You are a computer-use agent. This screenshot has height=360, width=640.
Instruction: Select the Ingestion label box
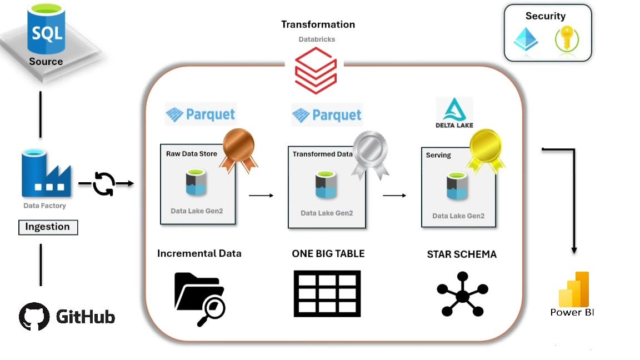click(x=48, y=227)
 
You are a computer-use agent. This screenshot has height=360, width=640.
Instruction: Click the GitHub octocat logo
click(x=34, y=317)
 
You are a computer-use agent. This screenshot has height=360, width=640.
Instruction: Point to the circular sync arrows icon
click(x=104, y=184)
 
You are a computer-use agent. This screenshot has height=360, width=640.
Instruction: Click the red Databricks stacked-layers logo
click(x=316, y=71)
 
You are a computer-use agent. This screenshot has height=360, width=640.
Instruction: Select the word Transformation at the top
click(x=318, y=24)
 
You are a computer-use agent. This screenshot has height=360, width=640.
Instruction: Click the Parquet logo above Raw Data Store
click(x=201, y=114)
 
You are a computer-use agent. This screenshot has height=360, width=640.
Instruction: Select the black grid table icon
click(x=327, y=293)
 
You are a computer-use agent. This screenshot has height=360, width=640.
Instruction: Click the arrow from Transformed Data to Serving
click(x=394, y=196)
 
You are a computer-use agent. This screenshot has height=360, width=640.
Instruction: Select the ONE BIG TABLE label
click(x=328, y=253)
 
